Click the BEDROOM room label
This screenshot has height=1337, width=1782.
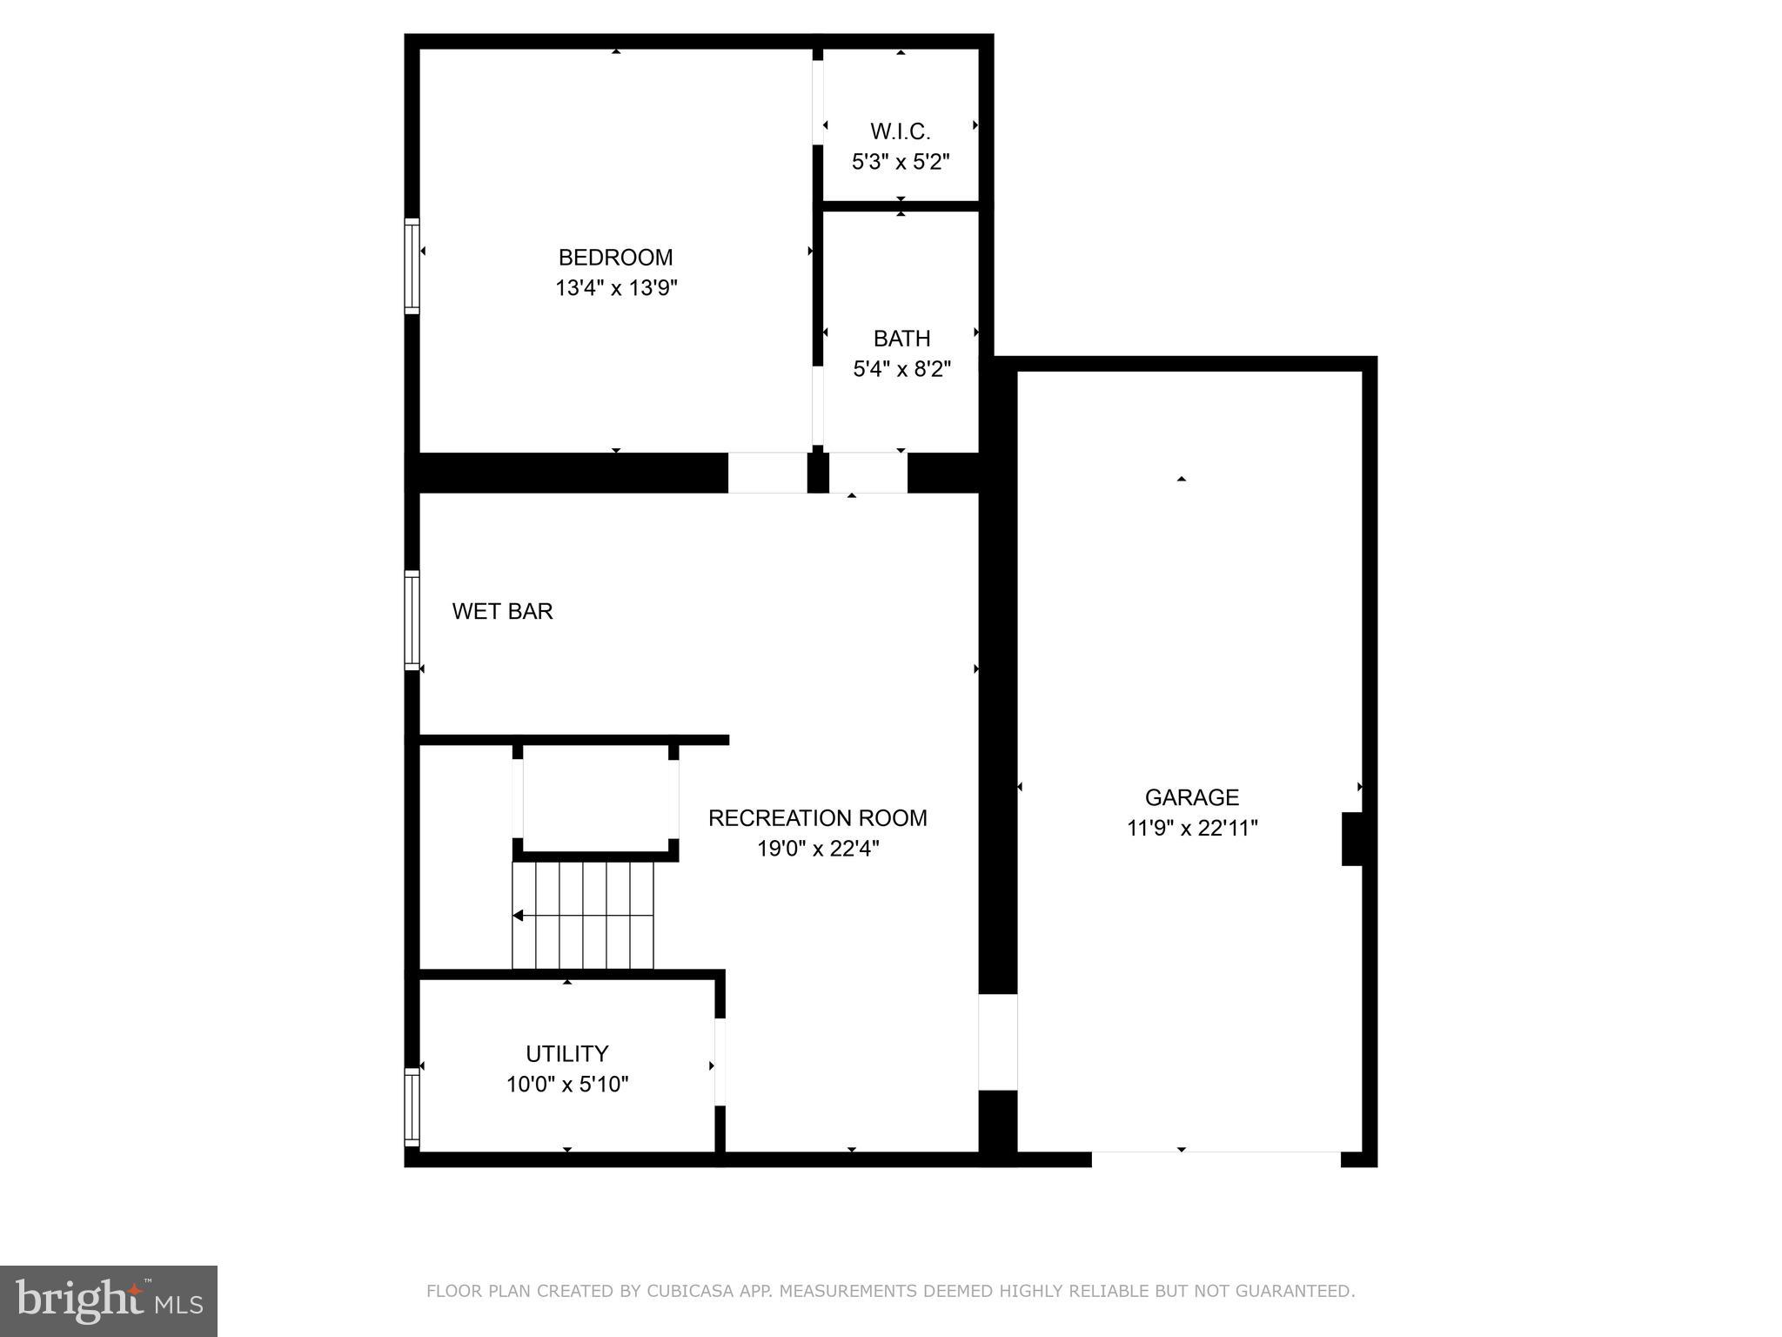click(x=615, y=258)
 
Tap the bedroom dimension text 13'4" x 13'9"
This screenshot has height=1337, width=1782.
click(x=616, y=288)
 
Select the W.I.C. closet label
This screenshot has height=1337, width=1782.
click(x=900, y=131)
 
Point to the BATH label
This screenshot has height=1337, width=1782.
click(x=901, y=338)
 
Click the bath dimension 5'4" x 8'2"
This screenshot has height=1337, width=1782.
click(x=901, y=369)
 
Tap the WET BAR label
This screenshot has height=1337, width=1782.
click(x=502, y=611)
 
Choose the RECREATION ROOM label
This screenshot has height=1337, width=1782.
click(x=817, y=818)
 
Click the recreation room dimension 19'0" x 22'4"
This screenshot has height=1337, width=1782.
click(x=817, y=849)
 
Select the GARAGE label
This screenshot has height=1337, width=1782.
click(x=1191, y=797)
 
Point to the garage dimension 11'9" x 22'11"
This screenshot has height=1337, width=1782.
click(x=1191, y=828)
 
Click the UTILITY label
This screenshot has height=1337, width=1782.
click(x=566, y=1054)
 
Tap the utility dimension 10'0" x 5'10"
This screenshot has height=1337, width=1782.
click(x=566, y=1085)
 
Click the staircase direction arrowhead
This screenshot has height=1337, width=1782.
click(x=518, y=916)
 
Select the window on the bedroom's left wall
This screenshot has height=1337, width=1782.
click(x=412, y=265)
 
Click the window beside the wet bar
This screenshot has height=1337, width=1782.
click(x=412, y=620)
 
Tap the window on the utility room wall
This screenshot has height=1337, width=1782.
click(x=412, y=1106)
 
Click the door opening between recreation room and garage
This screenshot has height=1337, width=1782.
click(x=997, y=1042)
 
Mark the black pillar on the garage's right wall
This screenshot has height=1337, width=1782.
click(x=1351, y=839)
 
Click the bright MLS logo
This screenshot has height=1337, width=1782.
click(x=109, y=1300)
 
